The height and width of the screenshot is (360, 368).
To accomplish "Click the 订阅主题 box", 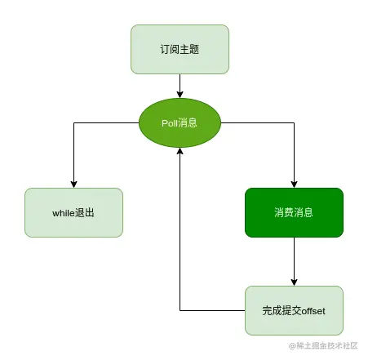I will tap(180, 48).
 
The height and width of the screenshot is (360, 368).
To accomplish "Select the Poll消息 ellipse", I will tap(180, 123).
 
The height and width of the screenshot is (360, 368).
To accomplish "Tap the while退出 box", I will tap(73, 212).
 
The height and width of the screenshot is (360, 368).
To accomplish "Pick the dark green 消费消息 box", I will tap(294, 212).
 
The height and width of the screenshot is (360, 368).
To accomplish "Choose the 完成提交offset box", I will tap(294, 310).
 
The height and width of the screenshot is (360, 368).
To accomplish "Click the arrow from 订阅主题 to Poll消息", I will tap(180, 85).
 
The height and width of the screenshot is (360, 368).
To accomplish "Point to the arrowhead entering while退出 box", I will tap(73, 184).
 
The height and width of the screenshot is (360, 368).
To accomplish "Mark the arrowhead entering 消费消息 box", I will tap(294, 184).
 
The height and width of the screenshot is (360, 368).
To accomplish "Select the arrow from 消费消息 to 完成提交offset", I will tap(294, 261).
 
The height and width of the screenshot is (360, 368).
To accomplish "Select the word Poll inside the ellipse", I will tap(169, 123).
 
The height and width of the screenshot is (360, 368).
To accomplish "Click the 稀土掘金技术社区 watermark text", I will tap(326, 346).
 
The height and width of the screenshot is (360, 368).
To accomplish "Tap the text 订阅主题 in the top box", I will tap(180, 49).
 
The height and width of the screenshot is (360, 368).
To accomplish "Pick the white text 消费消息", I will tap(294, 213).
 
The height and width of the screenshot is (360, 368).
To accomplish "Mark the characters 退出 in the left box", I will tap(87, 213).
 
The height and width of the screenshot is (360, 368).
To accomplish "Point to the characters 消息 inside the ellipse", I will tap(188, 123).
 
